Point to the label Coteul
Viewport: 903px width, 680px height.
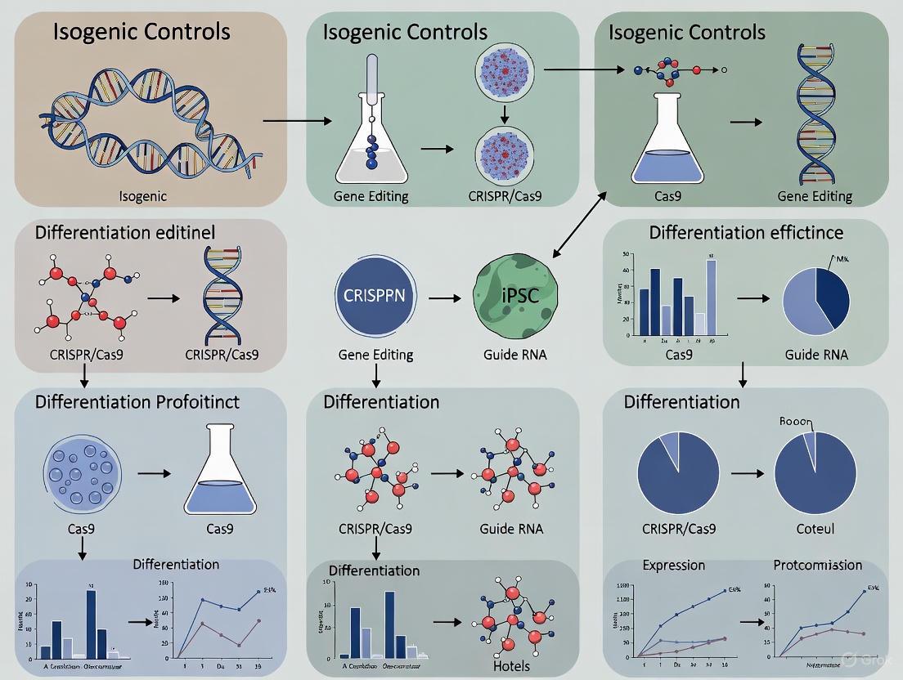coord(815,529)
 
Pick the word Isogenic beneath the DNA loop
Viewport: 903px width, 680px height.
coord(143,195)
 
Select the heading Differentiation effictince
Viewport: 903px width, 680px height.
coord(746,233)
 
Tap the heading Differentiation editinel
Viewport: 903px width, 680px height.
coord(125,233)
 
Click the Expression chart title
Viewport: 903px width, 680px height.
coord(674,565)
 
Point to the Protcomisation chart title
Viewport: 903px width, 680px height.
coord(817,565)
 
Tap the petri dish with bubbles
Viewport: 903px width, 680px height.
coord(81,472)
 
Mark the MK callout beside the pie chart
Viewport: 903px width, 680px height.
coord(842,260)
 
